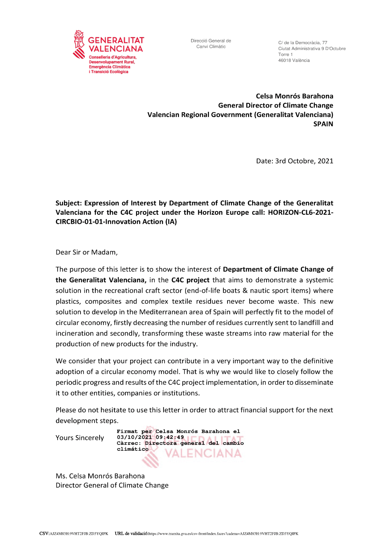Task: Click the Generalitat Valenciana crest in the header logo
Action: point(79,44)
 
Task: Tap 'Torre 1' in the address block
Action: point(285,55)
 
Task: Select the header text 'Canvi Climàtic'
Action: point(211,47)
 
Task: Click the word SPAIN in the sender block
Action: point(323,124)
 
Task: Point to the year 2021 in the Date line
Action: point(325,161)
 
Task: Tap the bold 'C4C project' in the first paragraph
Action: point(190,280)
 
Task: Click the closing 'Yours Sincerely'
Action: point(80,438)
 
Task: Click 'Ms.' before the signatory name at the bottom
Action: point(61,476)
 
